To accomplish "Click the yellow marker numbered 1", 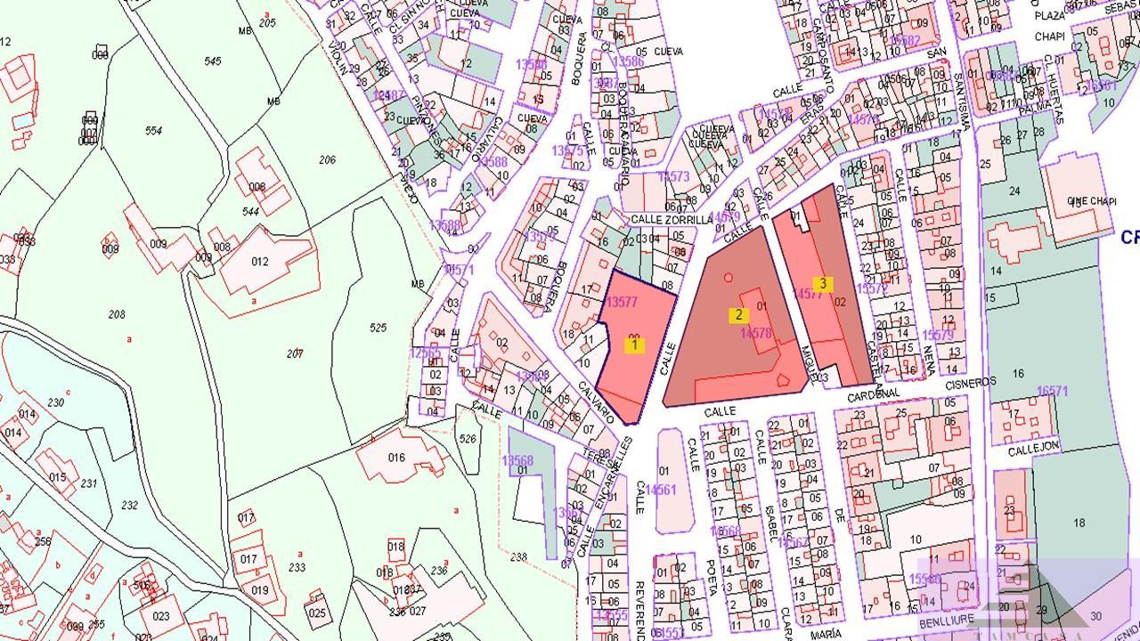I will click(x=634, y=345).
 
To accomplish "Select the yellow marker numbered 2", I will click(x=737, y=315).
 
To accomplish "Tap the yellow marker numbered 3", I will click(x=823, y=285).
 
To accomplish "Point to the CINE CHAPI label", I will click(x=1091, y=201).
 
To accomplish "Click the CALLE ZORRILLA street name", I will click(x=672, y=219).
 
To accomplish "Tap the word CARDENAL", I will click(x=875, y=393).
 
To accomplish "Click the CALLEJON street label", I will click(x=1033, y=450).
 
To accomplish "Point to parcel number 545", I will click(x=212, y=61).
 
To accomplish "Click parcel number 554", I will click(x=153, y=131).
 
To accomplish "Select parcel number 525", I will click(x=378, y=328).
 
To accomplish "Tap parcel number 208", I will click(x=117, y=314).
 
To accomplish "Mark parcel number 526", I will click(x=467, y=438).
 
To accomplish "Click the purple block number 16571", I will click(x=1052, y=391).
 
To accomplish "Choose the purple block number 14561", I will click(x=661, y=490).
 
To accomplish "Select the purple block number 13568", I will click(x=517, y=460).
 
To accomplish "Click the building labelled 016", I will click(x=396, y=458).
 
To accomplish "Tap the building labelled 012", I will click(x=260, y=261).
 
